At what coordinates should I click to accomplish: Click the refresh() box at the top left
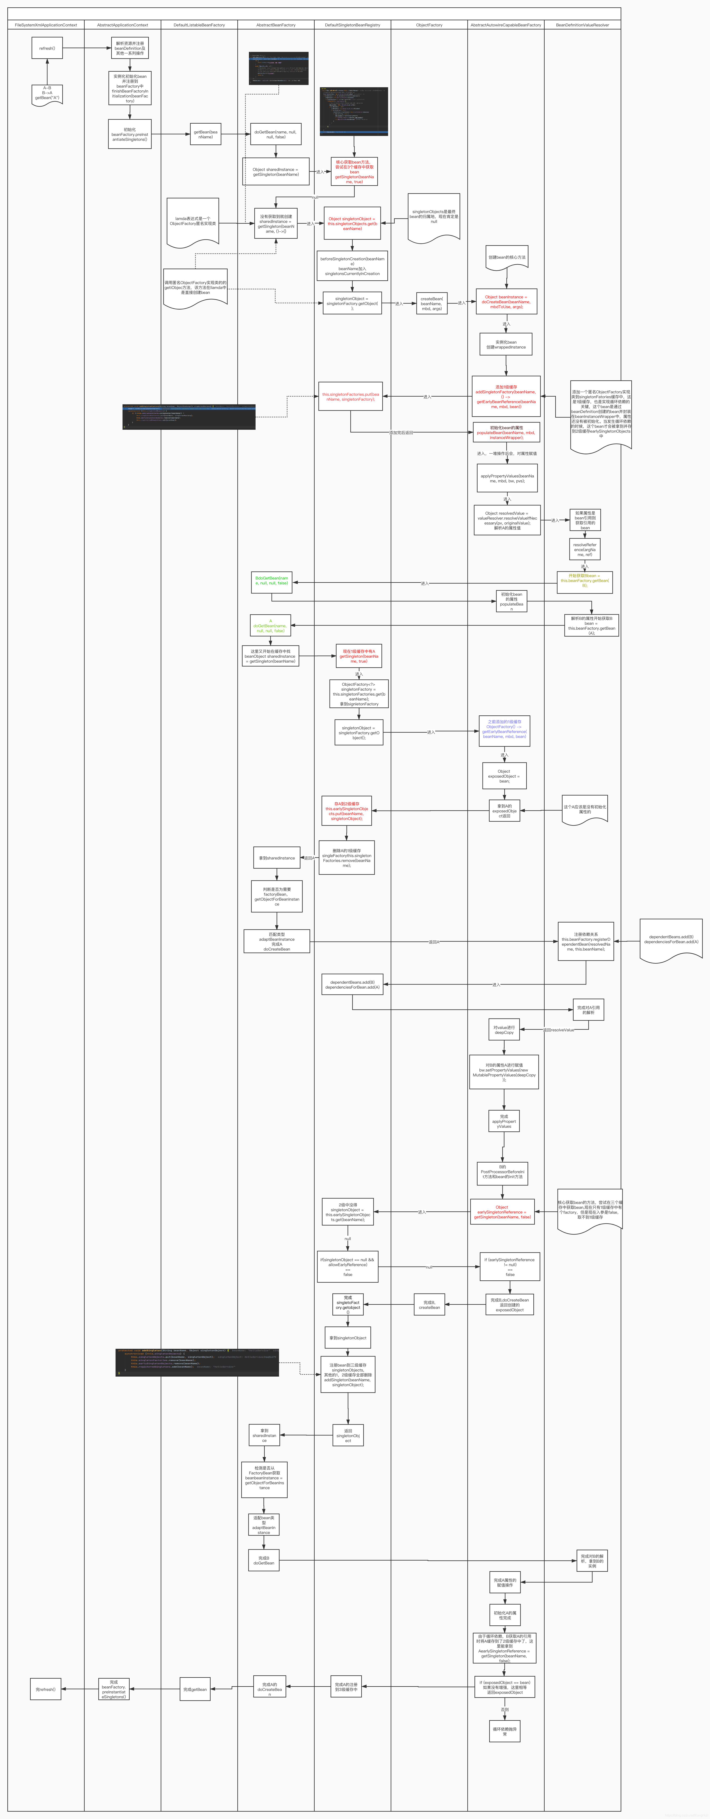click(x=47, y=48)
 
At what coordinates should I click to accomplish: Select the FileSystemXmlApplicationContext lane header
click(x=46, y=25)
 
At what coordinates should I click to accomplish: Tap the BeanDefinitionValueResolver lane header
click(x=582, y=25)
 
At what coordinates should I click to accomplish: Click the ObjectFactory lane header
click(x=429, y=25)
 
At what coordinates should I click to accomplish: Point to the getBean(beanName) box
click(x=205, y=134)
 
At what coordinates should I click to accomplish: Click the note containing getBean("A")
click(x=47, y=94)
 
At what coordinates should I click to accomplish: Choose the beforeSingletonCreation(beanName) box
click(x=352, y=265)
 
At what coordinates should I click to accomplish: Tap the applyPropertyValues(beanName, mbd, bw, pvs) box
click(x=507, y=478)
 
